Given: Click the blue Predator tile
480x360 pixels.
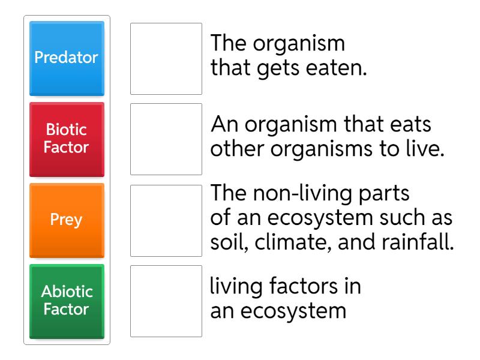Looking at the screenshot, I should (x=67, y=58).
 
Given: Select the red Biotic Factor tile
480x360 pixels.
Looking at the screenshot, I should (x=67, y=139).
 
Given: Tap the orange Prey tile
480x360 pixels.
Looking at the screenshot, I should (x=67, y=220).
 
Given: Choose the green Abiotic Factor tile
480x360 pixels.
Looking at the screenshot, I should (x=67, y=301).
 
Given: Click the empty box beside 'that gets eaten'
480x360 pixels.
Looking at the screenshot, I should (x=166, y=59).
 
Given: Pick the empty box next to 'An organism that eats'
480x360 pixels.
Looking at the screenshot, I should (x=166, y=139).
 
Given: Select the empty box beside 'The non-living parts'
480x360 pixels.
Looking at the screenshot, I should (x=166, y=220).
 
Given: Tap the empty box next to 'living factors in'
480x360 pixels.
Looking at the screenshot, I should (x=166, y=301).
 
